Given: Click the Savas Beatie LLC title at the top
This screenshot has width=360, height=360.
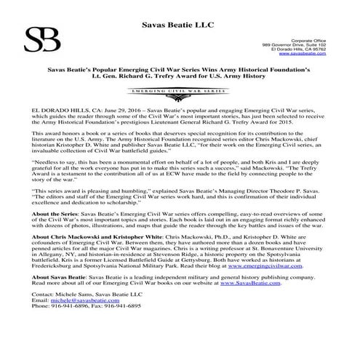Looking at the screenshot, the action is pyautogui.click(x=180, y=7).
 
